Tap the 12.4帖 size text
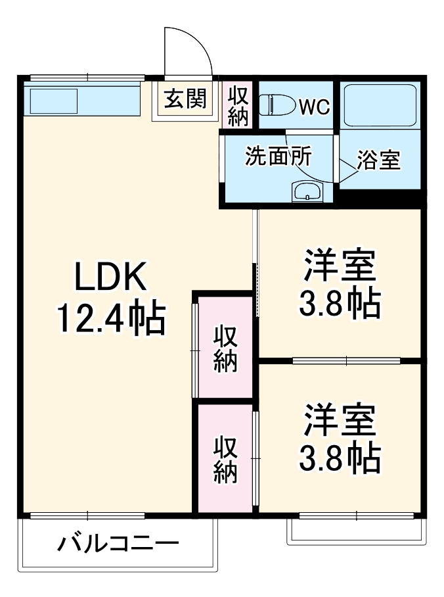click(110, 320)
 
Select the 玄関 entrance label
click(185, 99)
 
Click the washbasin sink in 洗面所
click(307, 193)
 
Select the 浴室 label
click(379, 160)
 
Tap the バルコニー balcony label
click(118, 544)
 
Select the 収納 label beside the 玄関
click(238, 106)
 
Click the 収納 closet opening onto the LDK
click(225, 347)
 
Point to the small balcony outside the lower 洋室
click(355, 530)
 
